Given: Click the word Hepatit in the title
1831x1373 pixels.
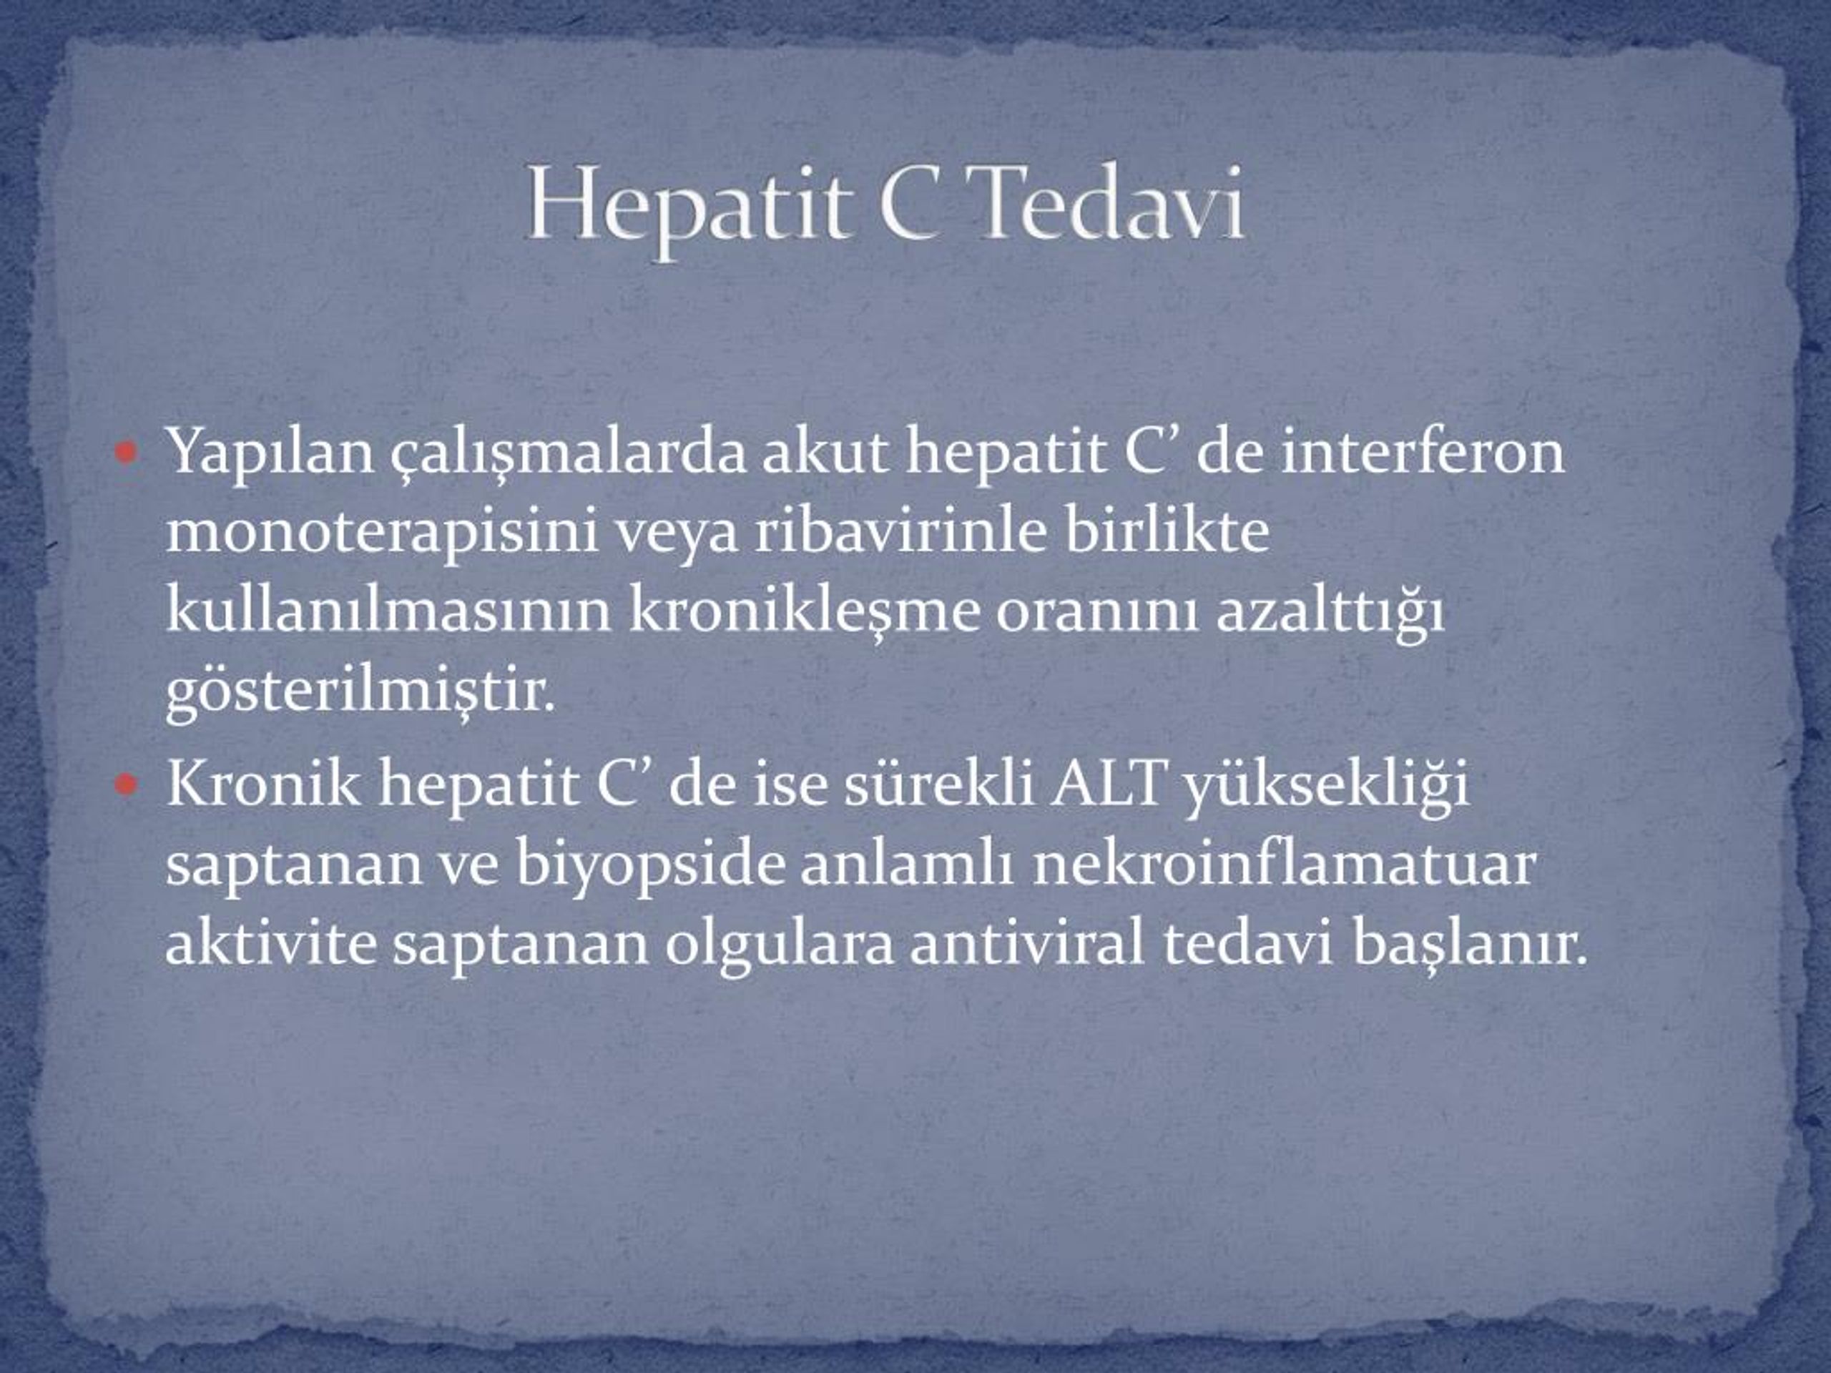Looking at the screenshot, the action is [x=689, y=207].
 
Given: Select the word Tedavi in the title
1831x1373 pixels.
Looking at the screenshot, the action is [x=1109, y=203].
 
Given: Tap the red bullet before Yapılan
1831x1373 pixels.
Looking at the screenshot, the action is [x=126, y=453].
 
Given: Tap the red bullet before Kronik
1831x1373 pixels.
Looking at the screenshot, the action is [x=126, y=784].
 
